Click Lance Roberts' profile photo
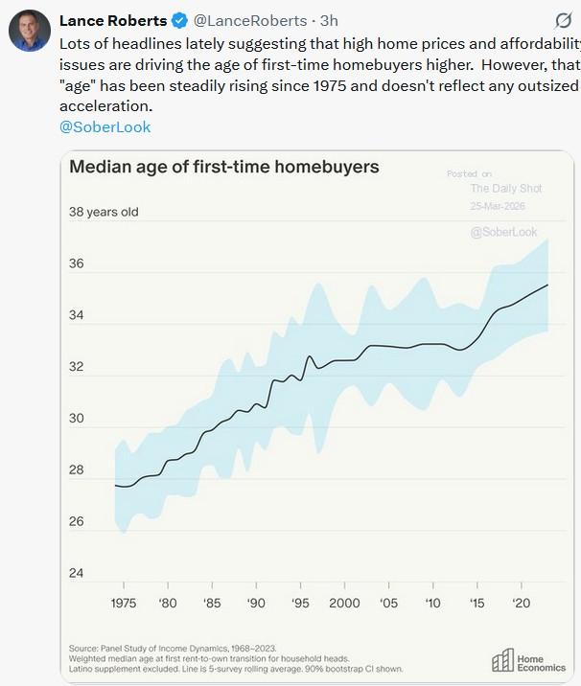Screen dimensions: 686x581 click(x=29, y=30)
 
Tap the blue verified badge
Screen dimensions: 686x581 click(x=179, y=21)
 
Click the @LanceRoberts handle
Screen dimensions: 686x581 click(x=250, y=21)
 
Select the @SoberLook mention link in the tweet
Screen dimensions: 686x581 click(x=105, y=126)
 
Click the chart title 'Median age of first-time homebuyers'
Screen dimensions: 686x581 click(x=224, y=167)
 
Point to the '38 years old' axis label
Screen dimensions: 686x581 click(x=104, y=212)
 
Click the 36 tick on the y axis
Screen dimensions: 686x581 click(x=78, y=263)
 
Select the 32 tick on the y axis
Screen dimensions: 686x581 click(x=78, y=367)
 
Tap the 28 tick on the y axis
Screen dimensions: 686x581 click(x=78, y=470)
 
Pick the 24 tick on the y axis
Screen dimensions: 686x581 click(x=78, y=574)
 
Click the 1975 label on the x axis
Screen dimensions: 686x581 click(x=124, y=604)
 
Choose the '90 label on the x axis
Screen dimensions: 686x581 click(x=256, y=604)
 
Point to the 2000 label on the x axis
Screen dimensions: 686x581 click(x=344, y=604)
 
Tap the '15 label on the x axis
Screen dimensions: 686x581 click(x=476, y=604)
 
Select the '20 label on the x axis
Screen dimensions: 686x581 click(x=522, y=604)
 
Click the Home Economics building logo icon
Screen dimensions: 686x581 click(x=502, y=660)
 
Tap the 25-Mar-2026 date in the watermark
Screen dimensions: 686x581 click(x=498, y=207)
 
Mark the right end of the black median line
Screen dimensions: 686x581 click(x=547, y=285)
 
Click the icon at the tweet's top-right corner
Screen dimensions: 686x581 click(x=565, y=21)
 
